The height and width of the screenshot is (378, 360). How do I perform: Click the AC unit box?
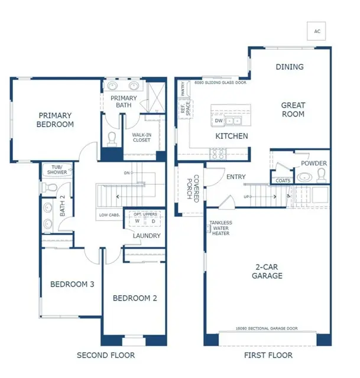pos(317,31)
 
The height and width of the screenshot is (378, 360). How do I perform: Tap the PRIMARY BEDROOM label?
pos(56,120)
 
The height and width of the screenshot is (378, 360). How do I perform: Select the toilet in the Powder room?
pos(322,174)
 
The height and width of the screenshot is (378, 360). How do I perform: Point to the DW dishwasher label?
pos(218,121)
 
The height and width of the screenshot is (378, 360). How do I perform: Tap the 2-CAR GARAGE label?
pos(265,271)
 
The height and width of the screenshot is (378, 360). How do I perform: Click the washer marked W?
pos(137,221)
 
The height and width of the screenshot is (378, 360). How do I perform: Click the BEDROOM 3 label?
pos(72,284)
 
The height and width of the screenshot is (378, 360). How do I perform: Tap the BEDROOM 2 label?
pos(135,298)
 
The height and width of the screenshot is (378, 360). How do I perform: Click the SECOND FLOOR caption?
pos(106,355)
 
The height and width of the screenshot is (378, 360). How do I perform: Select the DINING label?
pos(290,67)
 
